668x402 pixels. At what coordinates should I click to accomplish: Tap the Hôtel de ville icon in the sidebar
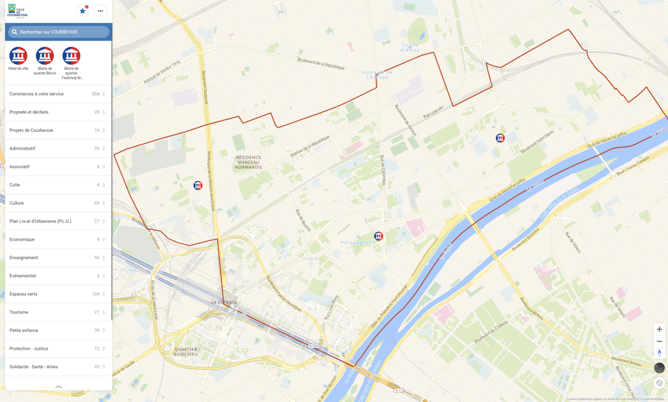coord(18,56)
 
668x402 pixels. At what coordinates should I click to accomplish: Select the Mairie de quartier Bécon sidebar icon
coord(45,56)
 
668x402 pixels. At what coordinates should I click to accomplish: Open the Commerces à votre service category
coord(57,94)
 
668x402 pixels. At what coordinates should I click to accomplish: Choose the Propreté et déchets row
coord(57,112)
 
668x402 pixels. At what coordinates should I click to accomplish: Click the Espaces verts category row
coord(57,294)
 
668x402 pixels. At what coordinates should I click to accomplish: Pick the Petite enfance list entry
coord(57,330)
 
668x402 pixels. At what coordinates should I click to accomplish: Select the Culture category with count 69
coord(57,203)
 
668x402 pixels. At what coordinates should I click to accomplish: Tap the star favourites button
coord(82,11)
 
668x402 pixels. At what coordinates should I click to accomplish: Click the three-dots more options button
coord(100,11)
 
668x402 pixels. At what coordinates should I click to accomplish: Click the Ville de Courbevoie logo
coord(18,11)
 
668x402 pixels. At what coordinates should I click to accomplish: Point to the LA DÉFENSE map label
coord(224,302)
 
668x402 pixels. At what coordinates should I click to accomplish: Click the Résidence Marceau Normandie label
coord(249,162)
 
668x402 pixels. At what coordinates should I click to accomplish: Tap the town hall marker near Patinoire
coord(379,236)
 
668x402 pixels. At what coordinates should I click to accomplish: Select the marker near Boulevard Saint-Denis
coord(500,138)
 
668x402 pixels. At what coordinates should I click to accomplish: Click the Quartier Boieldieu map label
coord(186,351)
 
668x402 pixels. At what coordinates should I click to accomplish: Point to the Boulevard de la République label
coord(321,64)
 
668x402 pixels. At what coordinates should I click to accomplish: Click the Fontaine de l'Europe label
coord(377,75)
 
